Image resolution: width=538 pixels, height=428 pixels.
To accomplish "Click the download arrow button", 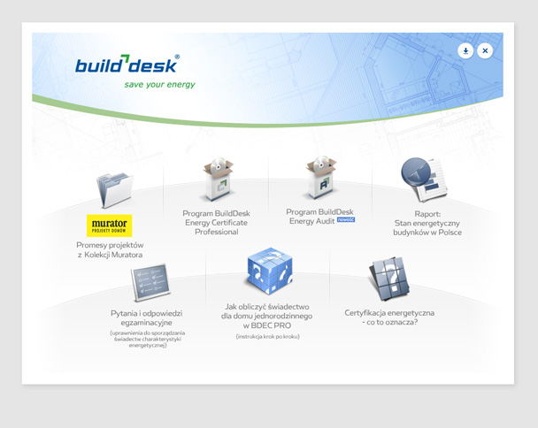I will [x=465, y=51].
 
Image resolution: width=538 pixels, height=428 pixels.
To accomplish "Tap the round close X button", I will [x=485, y=51].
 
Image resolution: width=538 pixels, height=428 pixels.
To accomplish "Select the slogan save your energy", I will [x=159, y=85].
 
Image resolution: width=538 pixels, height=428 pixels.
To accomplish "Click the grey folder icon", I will [x=114, y=189].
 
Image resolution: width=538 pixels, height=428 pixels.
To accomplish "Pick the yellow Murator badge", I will [x=110, y=225].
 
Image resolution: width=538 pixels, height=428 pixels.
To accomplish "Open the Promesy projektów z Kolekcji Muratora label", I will [x=110, y=249].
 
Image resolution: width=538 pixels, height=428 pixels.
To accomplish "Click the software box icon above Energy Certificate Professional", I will [x=217, y=180].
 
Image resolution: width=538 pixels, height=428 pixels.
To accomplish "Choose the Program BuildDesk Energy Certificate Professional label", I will [x=217, y=222].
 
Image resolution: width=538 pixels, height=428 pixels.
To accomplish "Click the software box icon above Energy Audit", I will [x=320, y=178].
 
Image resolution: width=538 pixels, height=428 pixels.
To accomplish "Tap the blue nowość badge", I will [x=345, y=220].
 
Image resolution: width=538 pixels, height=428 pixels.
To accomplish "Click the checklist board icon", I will [x=150, y=283].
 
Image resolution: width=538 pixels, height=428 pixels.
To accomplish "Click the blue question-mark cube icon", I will [x=269, y=272].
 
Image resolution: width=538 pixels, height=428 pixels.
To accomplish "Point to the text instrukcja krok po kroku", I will [x=267, y=337].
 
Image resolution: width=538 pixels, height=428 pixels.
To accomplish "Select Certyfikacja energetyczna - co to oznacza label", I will [x=389, y=317].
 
